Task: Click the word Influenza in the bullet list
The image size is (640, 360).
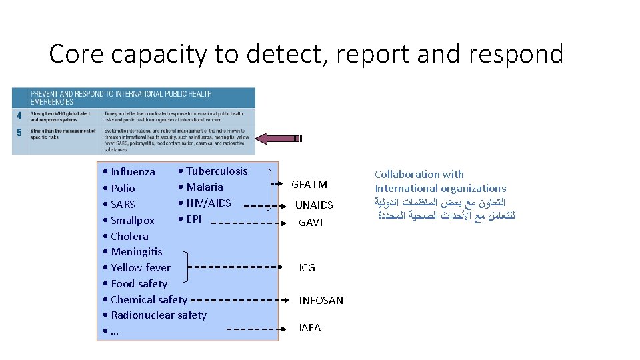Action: click(133, 172)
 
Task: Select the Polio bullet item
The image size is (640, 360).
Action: click(123, 188)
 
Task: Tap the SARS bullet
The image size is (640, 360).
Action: click(123, 204)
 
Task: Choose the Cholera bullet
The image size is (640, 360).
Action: click(129, 236)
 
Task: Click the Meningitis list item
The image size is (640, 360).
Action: click(136, 251)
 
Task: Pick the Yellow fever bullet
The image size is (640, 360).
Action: click(140, 267)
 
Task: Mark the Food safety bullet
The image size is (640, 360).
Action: click(139, 283)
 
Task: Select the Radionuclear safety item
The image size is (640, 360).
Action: click(158, 315)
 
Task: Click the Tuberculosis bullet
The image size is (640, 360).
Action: click(216, 171)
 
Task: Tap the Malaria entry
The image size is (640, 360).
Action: click(205, 187)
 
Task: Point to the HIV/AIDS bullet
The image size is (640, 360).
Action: click(208, 203)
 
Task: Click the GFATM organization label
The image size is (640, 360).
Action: click(309, 184)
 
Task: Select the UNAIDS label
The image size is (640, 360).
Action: click(313, 205)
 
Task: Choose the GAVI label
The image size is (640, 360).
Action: click(311, 223)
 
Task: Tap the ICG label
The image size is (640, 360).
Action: click(307, 267)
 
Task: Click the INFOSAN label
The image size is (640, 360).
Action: click(321, 300)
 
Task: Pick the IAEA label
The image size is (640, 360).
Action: click(310, 327)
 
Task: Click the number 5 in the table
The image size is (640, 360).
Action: click(19, 132)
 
